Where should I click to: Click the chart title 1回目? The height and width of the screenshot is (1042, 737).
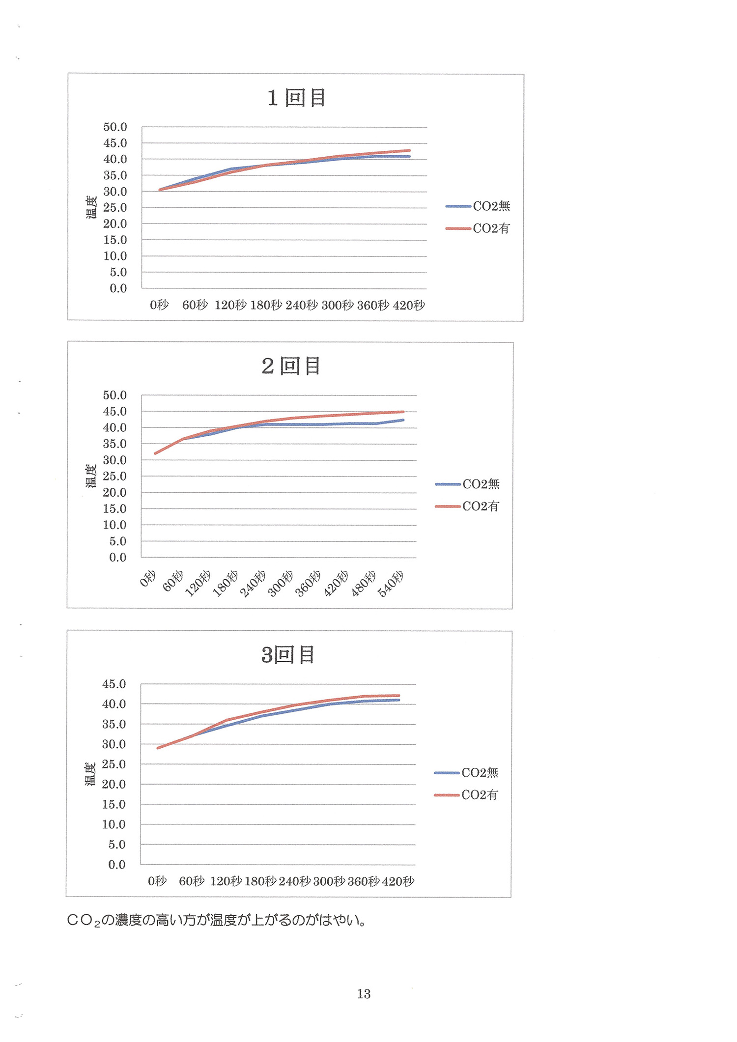point(296,98)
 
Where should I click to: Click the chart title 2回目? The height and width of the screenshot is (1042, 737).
point(291,366)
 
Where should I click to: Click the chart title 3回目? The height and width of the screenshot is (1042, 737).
point(288,655)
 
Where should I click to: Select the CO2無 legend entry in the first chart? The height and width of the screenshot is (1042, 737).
point(491,206)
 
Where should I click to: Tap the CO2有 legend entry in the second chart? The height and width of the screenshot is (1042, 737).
point(481,507)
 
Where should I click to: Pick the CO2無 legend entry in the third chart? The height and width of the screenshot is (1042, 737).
point(480,773)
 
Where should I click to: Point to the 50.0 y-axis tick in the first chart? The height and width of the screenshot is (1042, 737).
point(115,127)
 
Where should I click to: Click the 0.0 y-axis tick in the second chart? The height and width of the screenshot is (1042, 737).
point(118,558)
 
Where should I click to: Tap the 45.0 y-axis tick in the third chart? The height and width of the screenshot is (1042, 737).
point(114,684)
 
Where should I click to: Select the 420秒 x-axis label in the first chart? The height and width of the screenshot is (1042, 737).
point(409,306)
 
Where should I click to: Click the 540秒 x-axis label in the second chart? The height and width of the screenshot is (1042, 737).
point(391,584)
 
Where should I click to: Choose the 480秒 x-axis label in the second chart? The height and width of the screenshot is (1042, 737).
point(364,584)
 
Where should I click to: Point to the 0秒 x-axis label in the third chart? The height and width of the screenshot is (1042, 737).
point(157,881)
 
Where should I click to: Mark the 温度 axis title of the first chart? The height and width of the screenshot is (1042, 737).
point(92,207)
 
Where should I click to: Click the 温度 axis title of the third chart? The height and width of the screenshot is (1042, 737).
point(90,774)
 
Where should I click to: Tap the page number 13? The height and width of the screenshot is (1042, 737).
point(364,994)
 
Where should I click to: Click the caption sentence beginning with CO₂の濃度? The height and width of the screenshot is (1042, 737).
point(216,920)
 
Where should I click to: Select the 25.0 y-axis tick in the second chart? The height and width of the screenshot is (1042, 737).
point(114,477)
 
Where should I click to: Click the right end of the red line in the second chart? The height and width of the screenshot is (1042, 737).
point(403,412)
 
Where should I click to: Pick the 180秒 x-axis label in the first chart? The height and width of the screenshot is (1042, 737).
point(266,306)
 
